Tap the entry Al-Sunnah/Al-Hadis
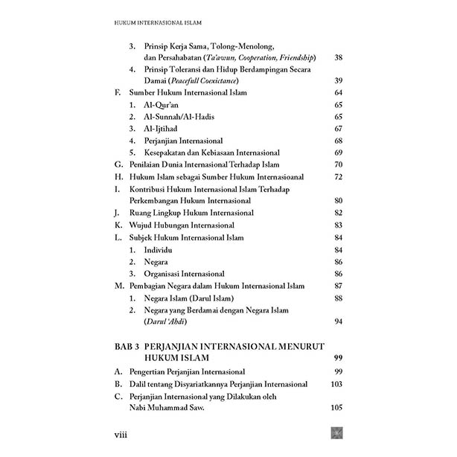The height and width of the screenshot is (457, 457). [177, 117]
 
